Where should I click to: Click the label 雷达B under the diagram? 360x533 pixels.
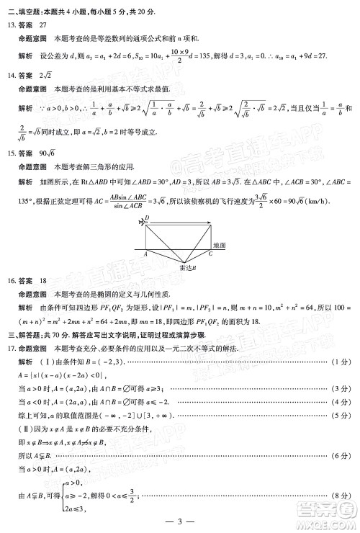[x=187, y=266]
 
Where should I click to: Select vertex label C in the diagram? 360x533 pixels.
[x=210, y=254]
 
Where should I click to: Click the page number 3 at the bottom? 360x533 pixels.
[x=180, y=521]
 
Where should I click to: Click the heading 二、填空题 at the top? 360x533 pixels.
[x=22, y=9]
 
